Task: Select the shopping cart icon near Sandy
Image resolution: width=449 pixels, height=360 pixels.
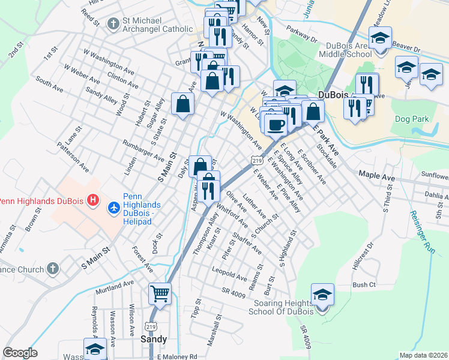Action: pos(160,294)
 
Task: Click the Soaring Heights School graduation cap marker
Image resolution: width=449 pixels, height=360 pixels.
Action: pos(323,295)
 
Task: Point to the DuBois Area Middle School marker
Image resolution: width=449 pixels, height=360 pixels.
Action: pos(380,38)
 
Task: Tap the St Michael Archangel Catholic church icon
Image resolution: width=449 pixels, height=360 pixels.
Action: pos(113,24)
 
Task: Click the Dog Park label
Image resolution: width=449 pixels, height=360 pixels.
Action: pos(412,119)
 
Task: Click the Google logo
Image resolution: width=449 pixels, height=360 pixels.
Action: pos(20,353)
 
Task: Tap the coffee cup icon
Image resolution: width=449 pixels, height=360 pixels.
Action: pos(276,125)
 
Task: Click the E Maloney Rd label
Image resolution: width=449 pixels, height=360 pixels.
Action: pos(177,356)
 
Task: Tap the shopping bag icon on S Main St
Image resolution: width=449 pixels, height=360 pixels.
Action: pos(182,104)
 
